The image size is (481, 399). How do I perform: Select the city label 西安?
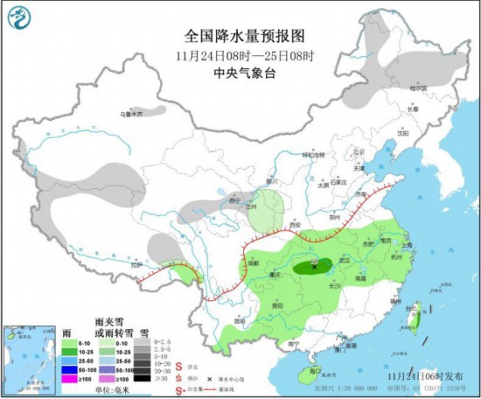click(x=293, y=225)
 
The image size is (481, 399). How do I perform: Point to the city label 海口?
click(x=314, y=371)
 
